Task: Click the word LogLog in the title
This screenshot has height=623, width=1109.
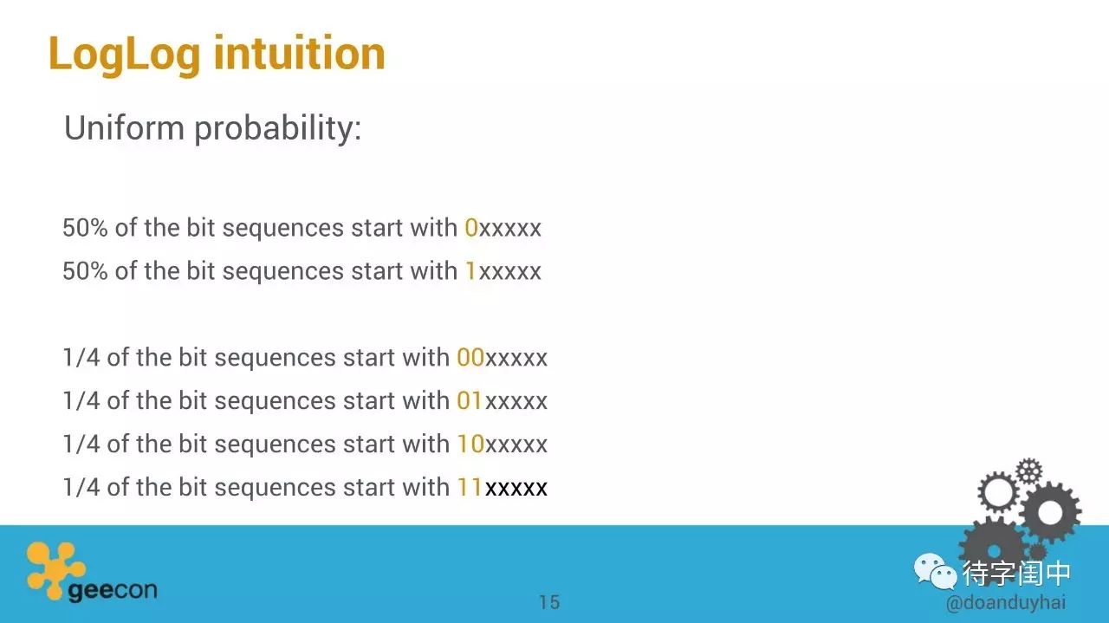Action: point(124,55)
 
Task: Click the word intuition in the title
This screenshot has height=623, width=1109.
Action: point(300,53)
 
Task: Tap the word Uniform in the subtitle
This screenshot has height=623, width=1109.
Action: point(124,127)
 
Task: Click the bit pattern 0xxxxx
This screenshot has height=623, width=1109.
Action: point(503,228)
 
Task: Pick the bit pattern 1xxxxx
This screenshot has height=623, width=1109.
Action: point(503,271)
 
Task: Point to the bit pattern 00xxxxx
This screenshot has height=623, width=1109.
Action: point(502,358)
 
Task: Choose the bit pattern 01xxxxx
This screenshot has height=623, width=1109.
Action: point(502,400)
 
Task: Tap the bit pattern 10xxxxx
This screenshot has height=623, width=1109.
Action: point(502,444)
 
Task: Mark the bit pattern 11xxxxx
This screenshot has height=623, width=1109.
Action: point(502,487)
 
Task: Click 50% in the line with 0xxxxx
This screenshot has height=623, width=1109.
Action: point(85,228)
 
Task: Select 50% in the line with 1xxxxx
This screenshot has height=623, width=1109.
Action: point(85,271)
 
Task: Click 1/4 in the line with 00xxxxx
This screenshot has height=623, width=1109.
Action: point(81,358)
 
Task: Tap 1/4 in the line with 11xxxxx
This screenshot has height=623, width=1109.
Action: point(81,487)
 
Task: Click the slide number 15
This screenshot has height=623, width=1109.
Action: point(549,603)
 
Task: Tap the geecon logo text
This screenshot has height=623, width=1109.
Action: point(113,591)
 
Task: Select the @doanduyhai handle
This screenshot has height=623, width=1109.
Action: point(1006,603)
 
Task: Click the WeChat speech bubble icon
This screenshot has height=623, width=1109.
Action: point(935,572)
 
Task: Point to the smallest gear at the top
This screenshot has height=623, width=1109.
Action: point(1029,471)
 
